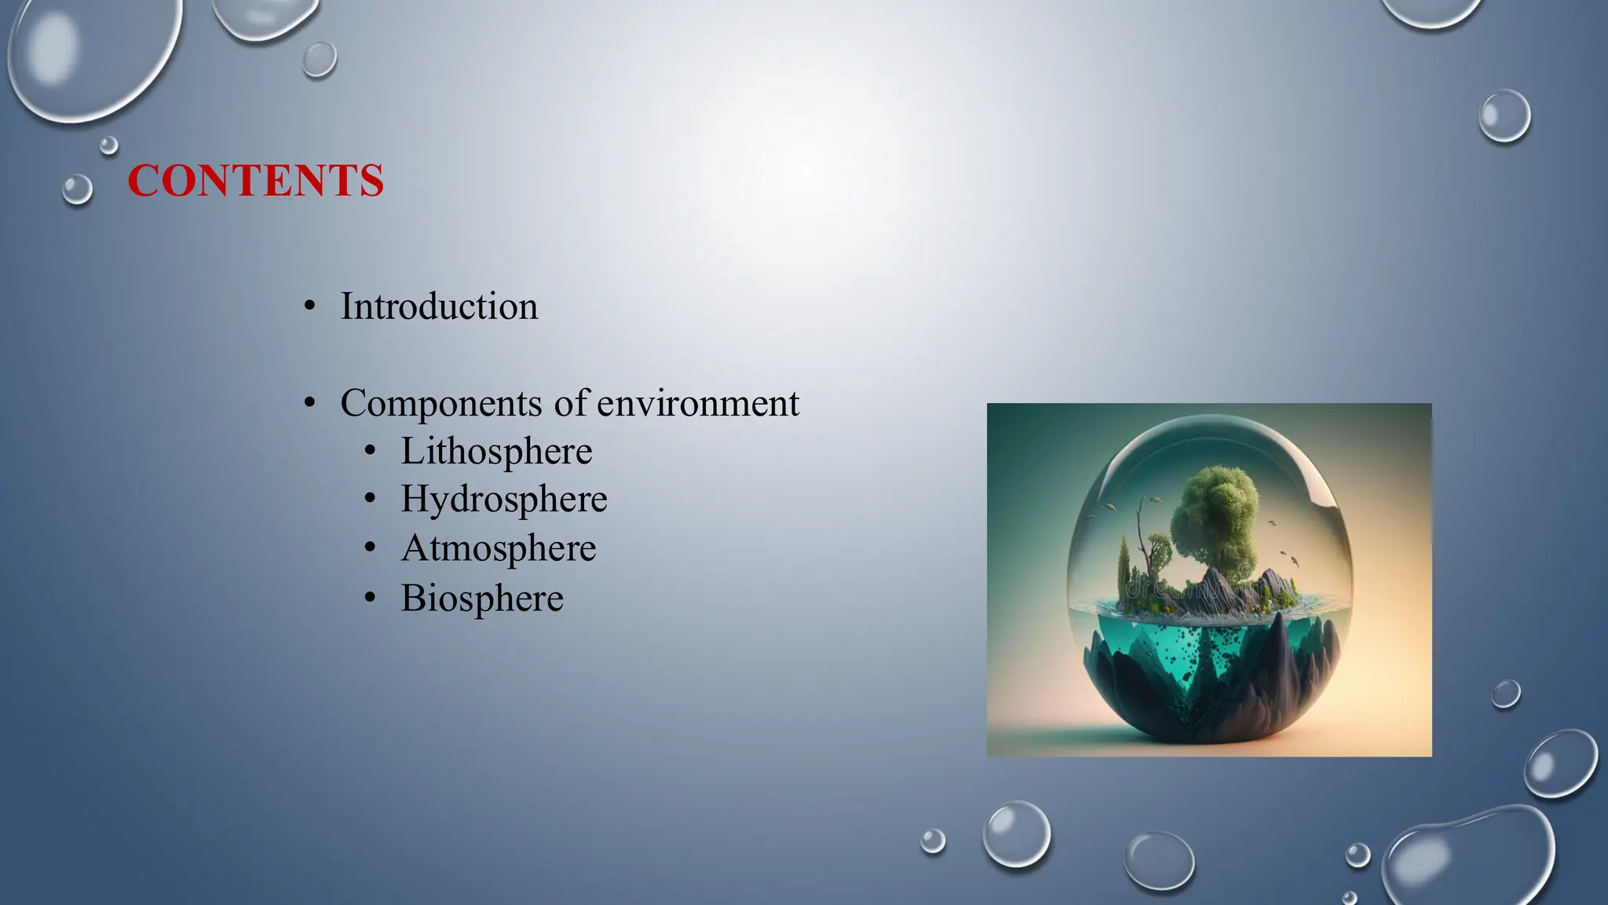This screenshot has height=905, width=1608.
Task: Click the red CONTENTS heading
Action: point(255,181)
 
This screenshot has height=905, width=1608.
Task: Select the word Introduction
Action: point(439,306)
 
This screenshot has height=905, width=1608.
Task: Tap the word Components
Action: point(441,404)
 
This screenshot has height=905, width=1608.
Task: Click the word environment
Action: point(697,404)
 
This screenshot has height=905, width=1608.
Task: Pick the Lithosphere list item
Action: point(496,452)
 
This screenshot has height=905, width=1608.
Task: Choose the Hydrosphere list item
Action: point(503,500)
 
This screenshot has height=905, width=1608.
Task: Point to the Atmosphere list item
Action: point(498,548)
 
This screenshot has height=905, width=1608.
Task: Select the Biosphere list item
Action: point(482,598)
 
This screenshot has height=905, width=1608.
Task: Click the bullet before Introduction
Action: point(310,307)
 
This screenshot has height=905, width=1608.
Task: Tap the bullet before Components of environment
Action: point(310,404)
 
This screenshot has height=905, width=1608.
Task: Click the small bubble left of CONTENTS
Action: point(77,189)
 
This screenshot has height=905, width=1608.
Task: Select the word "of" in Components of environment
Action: point(571,404)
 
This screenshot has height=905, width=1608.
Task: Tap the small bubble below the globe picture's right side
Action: point(1505,694)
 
